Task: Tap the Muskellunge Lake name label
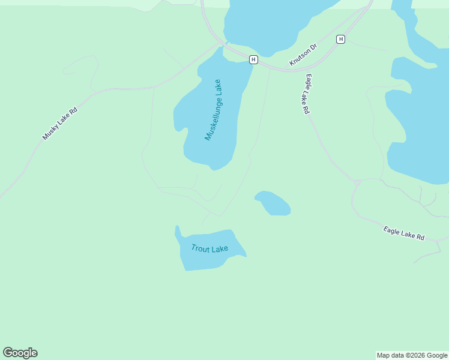pos(214,110)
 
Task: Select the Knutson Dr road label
pos(303,55)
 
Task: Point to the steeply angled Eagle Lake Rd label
pos(307,94)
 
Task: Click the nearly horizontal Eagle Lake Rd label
pos(404,233)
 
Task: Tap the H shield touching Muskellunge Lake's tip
pos(253,59)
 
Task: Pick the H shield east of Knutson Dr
pos(341,39)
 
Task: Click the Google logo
pos(20,353)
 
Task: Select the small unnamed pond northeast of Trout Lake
pos(273,203)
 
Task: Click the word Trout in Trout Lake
pos(201,248)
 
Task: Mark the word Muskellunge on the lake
pos(211,118)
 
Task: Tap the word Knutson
pos(299,58)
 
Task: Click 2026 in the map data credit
pos(418,355)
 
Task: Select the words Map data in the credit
pos(391,355)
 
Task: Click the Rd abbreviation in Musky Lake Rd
pos(74,110)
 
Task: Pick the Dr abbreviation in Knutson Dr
pos(313,46)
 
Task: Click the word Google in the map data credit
pos(438,355)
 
